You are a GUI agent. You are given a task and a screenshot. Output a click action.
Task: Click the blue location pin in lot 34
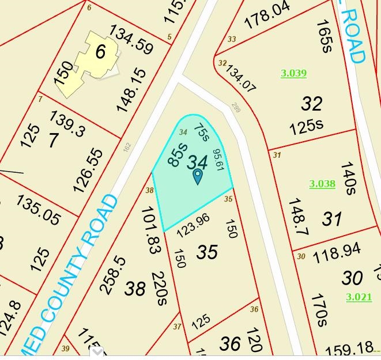point(197,176)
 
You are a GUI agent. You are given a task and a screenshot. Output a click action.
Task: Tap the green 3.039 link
point(293,73)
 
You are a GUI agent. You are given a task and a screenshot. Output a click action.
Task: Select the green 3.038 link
point(322,184)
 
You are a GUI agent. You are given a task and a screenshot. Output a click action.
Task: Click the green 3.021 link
point(359,297)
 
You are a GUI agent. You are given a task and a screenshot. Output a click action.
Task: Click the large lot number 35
point(208,252)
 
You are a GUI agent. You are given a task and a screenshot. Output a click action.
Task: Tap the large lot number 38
point(135,288)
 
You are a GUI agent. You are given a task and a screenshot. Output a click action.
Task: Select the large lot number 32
point(312,104)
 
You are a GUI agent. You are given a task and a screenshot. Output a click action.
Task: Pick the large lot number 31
point(331,219)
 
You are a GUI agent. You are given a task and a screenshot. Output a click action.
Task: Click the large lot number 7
point(53,140)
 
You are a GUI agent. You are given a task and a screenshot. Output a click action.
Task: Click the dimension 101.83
point(149,230)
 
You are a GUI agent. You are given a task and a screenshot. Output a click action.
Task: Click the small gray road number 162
point(127,148)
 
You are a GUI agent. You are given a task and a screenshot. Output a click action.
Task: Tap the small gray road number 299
point(235,107)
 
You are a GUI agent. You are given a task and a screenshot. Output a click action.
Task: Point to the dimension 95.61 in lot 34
point(218,160)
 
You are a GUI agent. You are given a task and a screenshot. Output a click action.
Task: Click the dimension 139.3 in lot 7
point(68,123)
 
